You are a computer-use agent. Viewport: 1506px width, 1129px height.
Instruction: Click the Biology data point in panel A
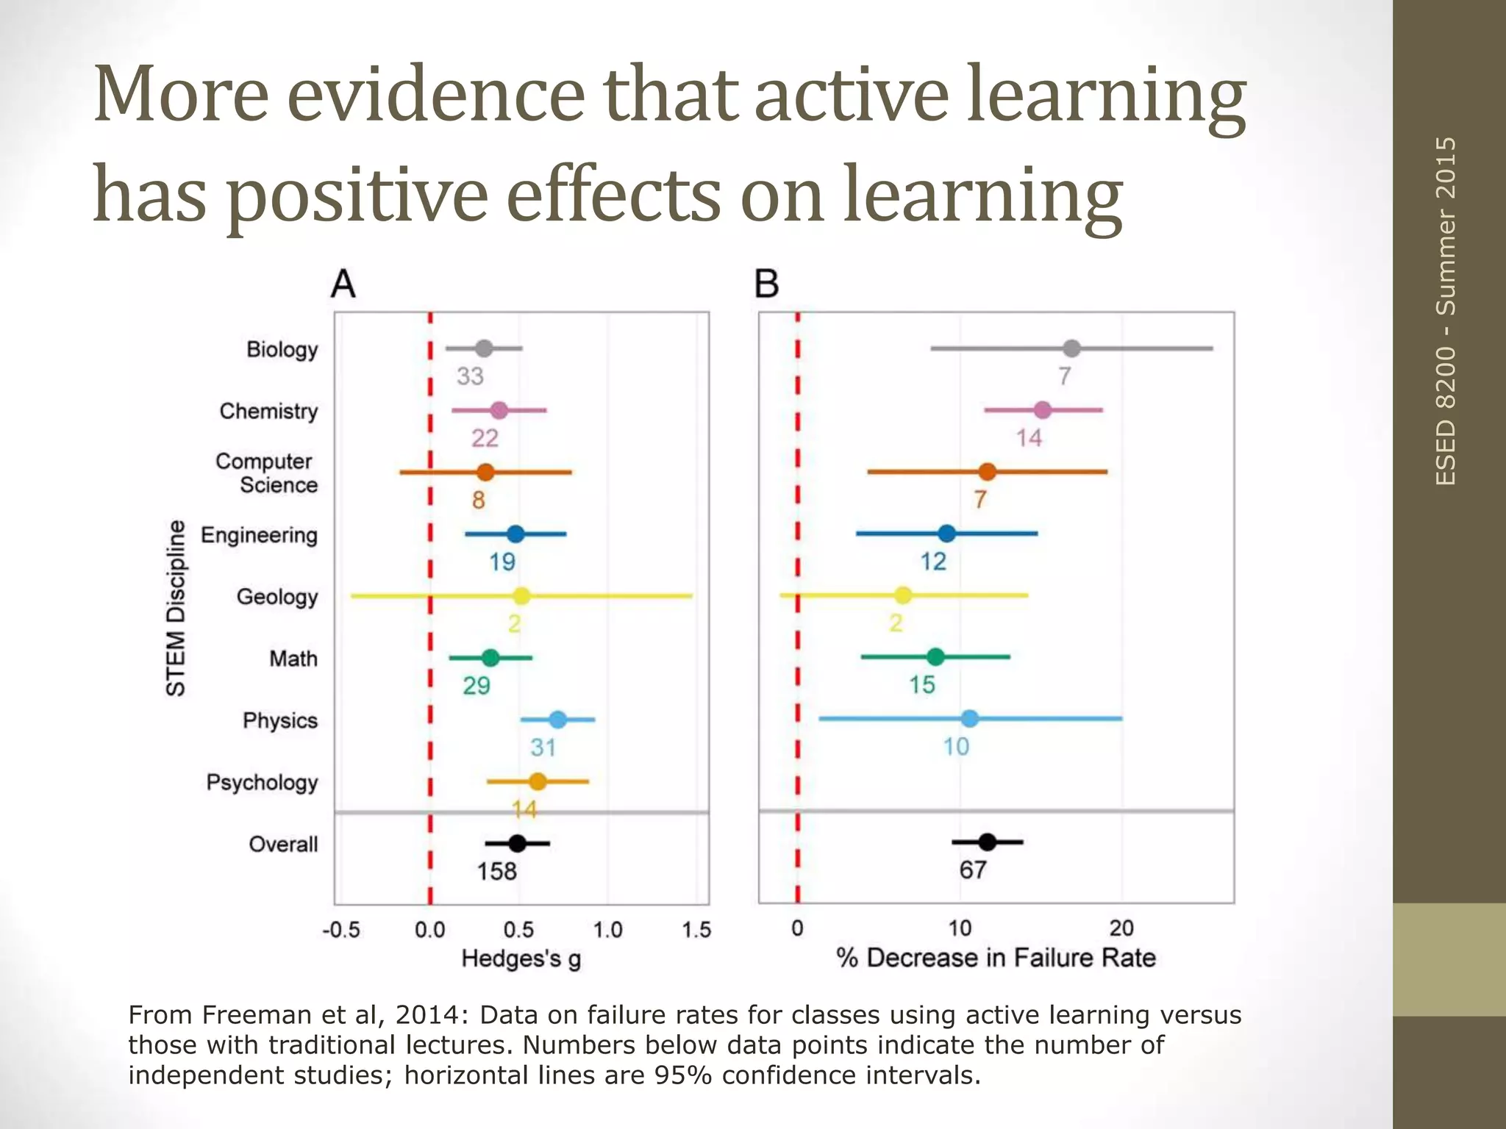click(x=483, y=348)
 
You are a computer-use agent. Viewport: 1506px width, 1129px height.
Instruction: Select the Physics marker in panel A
click(x=557, y=720)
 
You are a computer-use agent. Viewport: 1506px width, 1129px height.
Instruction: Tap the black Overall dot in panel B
click(x=987, y=842)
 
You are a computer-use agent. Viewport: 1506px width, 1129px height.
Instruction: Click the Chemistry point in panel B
click(x=1042, y=410)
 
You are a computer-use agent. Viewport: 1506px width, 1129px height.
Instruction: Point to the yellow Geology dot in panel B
click(x=903, y=595)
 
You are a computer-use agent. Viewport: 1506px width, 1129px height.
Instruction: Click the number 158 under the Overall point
click(x=496, y=872)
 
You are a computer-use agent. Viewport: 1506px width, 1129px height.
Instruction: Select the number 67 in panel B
click(x=972, y=870)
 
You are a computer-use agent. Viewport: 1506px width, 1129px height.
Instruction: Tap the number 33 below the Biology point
click(x=470, y=376)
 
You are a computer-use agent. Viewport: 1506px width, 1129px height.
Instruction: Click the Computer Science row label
click(x=266, y=473)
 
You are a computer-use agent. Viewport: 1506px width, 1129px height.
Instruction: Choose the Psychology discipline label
click(x=262, y=782)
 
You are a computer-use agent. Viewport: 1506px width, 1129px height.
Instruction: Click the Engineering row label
click(x=259, y=535)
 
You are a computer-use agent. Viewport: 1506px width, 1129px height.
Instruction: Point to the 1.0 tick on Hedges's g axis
click(x=607, y=931)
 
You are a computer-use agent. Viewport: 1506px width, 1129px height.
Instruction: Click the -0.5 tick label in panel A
click(x=341, y=931)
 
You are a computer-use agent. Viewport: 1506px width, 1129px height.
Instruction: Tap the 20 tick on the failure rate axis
click(x=1121, y=929)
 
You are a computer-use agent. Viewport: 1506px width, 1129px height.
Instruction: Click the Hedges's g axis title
click(x=521, y=959)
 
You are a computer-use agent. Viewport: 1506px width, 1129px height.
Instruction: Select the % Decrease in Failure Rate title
click(x=996, y=958)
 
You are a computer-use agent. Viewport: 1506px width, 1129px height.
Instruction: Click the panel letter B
click(x=766, y=284)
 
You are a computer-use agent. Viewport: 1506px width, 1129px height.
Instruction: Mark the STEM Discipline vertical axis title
click(x=176, y=608)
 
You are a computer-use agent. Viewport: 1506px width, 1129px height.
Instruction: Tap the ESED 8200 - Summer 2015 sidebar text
click(x=1446, y=311)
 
